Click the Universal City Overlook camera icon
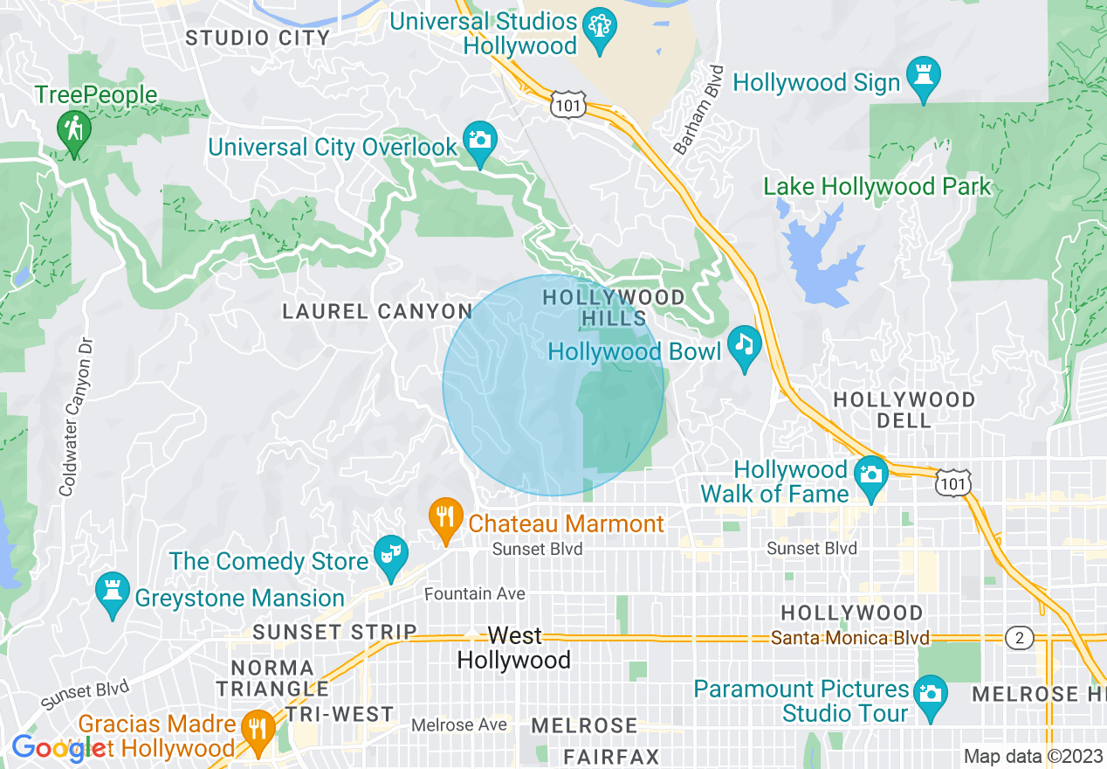478,141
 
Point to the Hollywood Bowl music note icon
744,345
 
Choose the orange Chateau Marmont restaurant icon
446,516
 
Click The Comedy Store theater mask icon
390,556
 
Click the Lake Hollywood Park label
877,186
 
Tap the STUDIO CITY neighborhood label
258,38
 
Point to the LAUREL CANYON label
377,311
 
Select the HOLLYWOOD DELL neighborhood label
904,410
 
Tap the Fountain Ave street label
474,594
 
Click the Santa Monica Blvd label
849,638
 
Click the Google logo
59,748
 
